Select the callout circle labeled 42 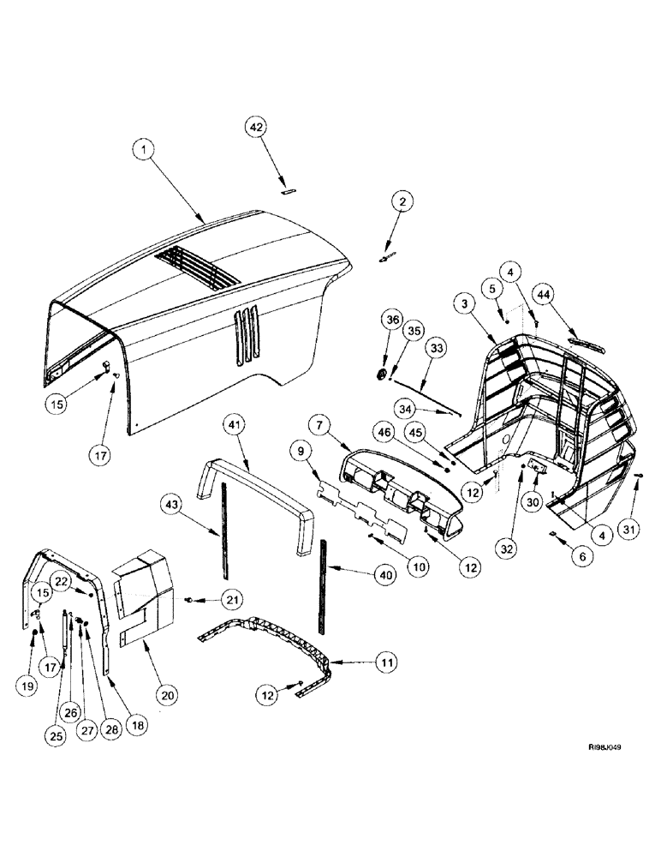pos(256,126)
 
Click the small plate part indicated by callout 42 pos(289,192)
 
